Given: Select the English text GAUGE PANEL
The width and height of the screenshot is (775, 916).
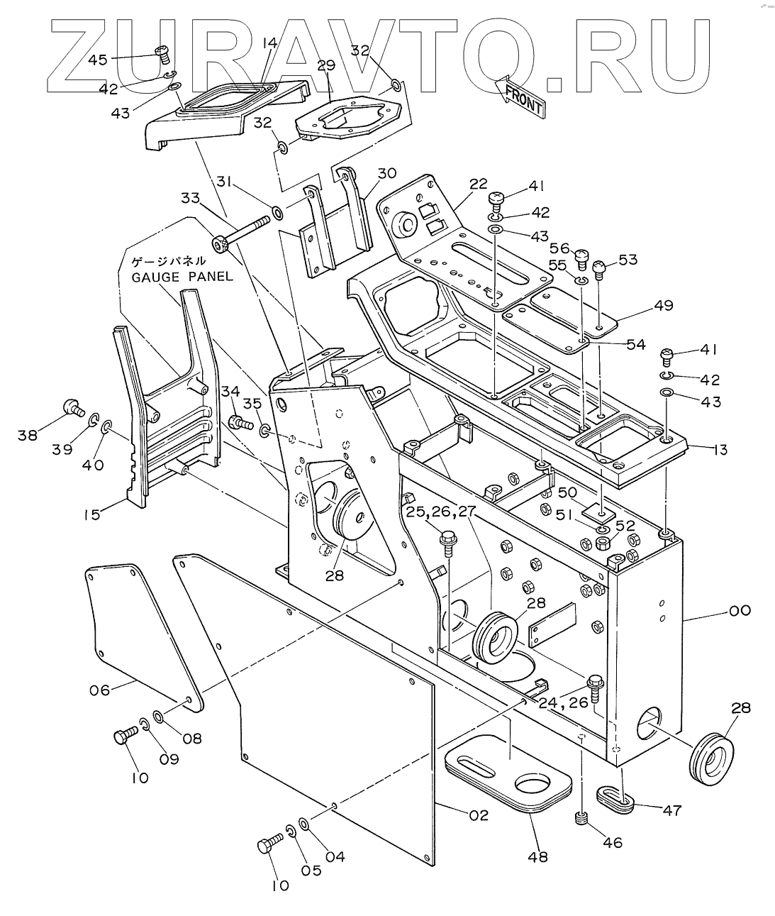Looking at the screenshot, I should click(182, 276).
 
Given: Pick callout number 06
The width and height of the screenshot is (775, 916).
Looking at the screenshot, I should click(100, 688).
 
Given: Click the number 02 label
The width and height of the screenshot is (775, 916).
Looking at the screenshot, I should click(479, 815).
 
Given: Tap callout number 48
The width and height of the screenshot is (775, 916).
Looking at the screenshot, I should click(538, 856).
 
